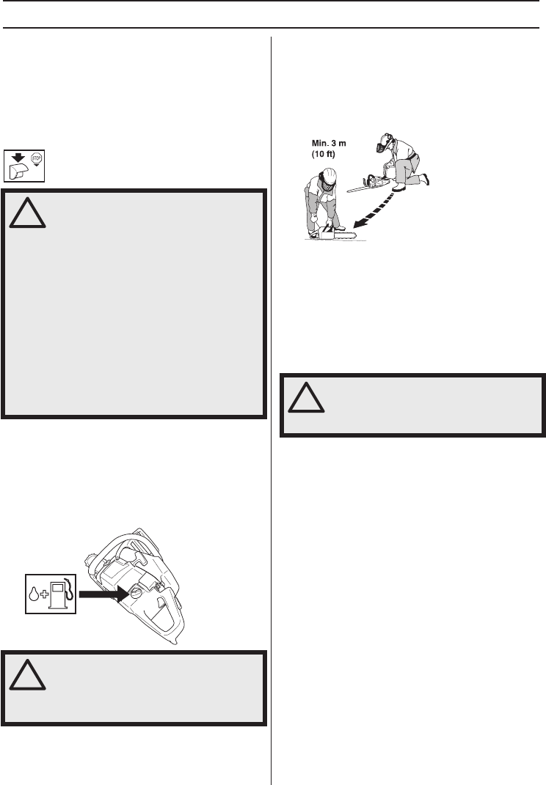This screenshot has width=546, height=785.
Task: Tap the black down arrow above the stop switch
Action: click(x=18, y=156)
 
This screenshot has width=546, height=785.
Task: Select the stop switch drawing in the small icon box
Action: click(x=18, y=172)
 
